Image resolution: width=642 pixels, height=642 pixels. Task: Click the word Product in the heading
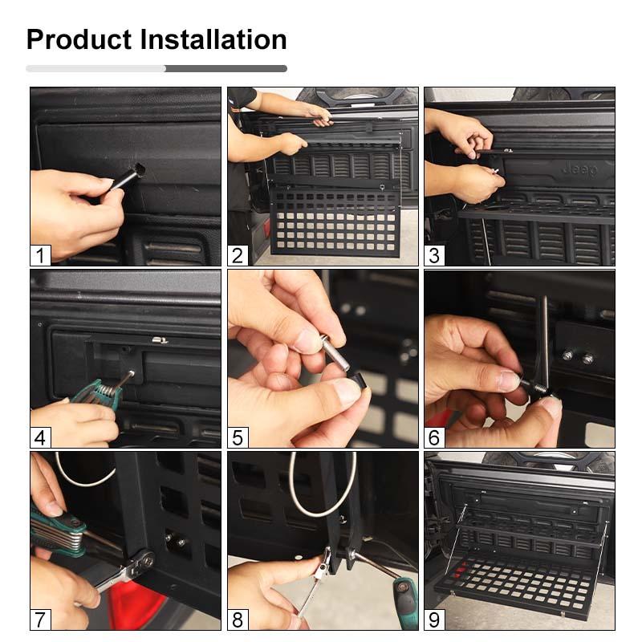point(79,39)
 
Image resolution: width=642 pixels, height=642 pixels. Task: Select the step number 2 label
point(238,256)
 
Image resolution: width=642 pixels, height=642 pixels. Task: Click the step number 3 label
point(435,256)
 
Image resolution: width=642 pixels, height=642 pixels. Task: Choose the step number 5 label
point(238,438)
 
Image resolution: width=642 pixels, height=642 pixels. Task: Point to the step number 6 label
point(435,438)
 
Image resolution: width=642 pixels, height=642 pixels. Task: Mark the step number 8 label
point(238,620)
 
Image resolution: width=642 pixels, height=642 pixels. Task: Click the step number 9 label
point(435,620)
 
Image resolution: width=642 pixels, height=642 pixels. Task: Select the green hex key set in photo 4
point(96,393)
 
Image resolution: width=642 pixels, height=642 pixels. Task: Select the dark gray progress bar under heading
point(226,69)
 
